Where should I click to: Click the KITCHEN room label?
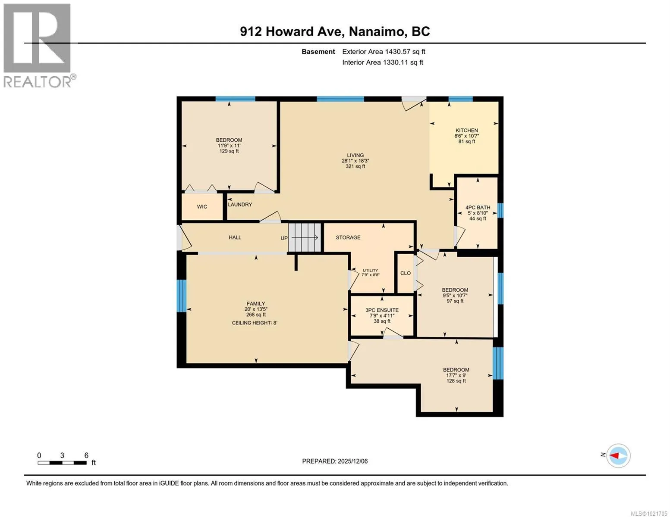tap(466, 131)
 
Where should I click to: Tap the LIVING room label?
tap(355, 156)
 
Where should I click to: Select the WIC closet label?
tap(202, 207)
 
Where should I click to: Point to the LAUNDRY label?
tap(240, 205)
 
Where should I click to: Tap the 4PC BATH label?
tap(478, 208)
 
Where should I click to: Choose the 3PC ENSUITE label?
tap(382, 310)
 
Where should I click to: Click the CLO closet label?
tap(406, 273)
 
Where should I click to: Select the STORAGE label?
tap(348, 237)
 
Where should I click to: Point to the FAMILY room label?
tap(255, 304)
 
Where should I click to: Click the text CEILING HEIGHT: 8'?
tap(255, 323)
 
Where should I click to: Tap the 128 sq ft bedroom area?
tap(456, 381)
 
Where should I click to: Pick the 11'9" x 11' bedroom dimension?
tap(229, 146)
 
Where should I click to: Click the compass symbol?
tap(618, 456)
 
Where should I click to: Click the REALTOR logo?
tap(39, 46)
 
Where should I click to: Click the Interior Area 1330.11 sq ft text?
tap(383, 62)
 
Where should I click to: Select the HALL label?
tap(235, 237)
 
